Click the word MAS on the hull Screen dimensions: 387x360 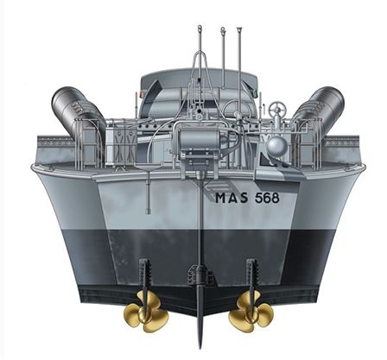[232, 198]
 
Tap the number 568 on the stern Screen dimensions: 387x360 [267, 198]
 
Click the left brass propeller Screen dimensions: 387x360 [146, 311]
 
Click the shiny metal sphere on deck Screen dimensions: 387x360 [276, 146]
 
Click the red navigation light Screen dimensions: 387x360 [141, 94]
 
